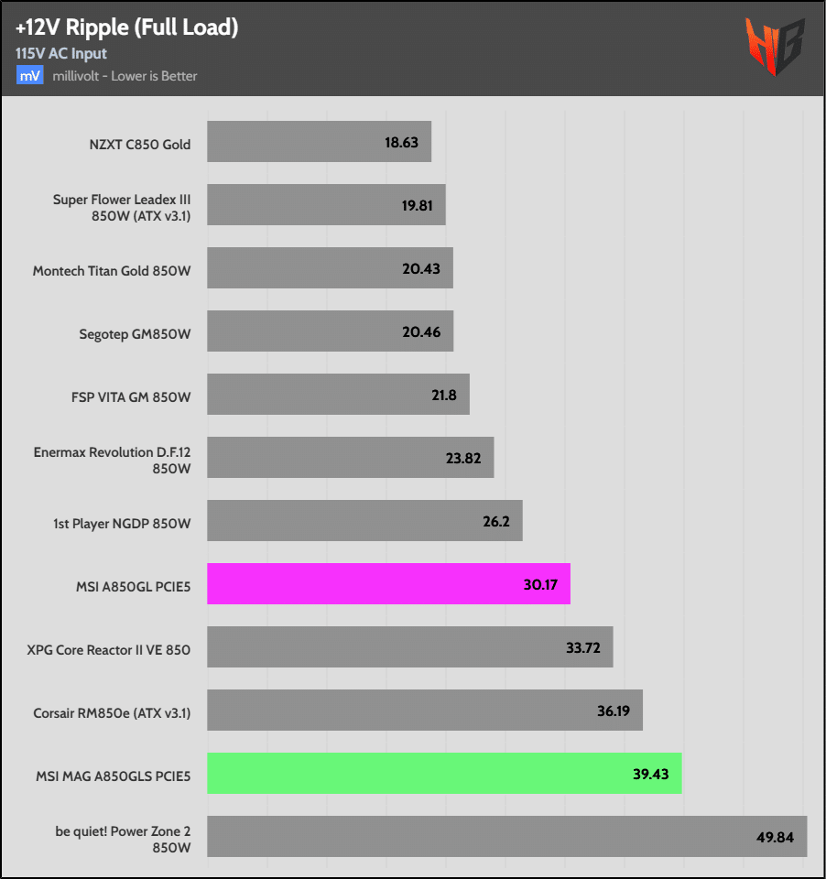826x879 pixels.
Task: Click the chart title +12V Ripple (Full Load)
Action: [x=126, y=27]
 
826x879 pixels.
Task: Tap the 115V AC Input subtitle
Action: [x=61, y=53]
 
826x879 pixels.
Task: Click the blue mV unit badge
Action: [x=28, y=76]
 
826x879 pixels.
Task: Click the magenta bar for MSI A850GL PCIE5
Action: [x=388, y=583]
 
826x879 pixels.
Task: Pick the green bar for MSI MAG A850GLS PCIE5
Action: [x=444, y=773]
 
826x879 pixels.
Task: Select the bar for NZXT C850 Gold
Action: [x=319, y=142]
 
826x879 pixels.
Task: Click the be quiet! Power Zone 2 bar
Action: [x=506, y=836]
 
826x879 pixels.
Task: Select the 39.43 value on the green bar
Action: [x=651, y=774]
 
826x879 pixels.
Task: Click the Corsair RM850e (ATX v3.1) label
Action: [x=112, y=711]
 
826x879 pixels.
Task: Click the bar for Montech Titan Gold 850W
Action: [x=330, y=268]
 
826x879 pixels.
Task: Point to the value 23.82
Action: [x=463, y=458]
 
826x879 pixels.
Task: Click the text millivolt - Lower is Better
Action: [x=125, y=76]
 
